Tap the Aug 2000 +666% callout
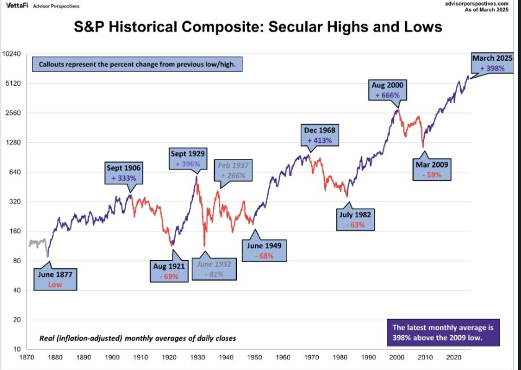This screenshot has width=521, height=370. (389, 90)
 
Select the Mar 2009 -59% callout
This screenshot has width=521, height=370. (433, 169)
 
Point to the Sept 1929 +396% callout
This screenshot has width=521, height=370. (189, 158)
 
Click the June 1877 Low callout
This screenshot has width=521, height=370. (55, 279)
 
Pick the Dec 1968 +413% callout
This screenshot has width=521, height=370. (319, 135)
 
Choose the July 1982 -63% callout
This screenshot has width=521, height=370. (355, 220)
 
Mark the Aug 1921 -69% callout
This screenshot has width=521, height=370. (169, 271)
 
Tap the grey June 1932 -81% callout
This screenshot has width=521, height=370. (214, 269)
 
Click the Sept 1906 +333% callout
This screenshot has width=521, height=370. (123, 173)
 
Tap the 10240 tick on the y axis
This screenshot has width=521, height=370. (12, 54)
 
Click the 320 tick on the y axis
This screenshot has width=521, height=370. (16, 202)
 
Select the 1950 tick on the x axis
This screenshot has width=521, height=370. (254, 358)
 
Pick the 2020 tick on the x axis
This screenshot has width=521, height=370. (453, 358)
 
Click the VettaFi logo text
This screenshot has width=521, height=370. (16, 5)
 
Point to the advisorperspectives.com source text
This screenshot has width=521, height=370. (481, 4)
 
